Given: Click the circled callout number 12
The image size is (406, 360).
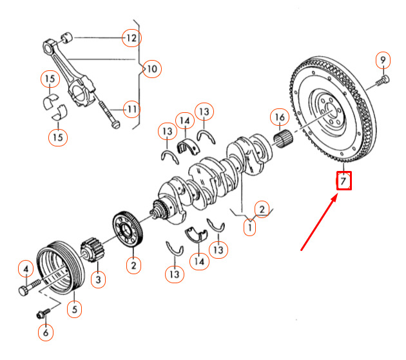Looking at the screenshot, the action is [131, 38].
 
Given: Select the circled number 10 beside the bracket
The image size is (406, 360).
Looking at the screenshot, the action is [152, 69].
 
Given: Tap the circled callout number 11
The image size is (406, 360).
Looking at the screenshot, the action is [131, 110].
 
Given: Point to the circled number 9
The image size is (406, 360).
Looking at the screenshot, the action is [383, 60].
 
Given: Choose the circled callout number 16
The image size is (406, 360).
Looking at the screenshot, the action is [280, 117].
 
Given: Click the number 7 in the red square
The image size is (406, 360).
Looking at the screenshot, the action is [343, 181].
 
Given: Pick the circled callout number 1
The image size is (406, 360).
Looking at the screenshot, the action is [250, 228].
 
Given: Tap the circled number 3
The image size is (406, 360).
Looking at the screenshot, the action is [98, 279].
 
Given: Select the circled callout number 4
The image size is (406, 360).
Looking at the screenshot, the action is [26, 270].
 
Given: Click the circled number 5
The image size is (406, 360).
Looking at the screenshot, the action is [74, 309].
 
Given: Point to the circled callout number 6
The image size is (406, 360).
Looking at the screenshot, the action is [46, 332].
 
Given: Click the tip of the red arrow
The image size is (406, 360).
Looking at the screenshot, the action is [338, 196].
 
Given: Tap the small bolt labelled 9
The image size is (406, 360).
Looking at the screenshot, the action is [382, 81].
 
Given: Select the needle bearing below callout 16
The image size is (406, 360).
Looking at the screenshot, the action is [283, 139].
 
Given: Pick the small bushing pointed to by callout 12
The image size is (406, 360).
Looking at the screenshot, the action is [67, 37].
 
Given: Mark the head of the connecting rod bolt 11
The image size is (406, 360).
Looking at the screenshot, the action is [116, 125].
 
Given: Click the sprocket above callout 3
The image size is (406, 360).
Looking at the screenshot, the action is [92, 250].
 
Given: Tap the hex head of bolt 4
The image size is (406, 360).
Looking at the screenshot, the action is [24, 290].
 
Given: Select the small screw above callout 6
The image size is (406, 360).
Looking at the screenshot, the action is [43, 314].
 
